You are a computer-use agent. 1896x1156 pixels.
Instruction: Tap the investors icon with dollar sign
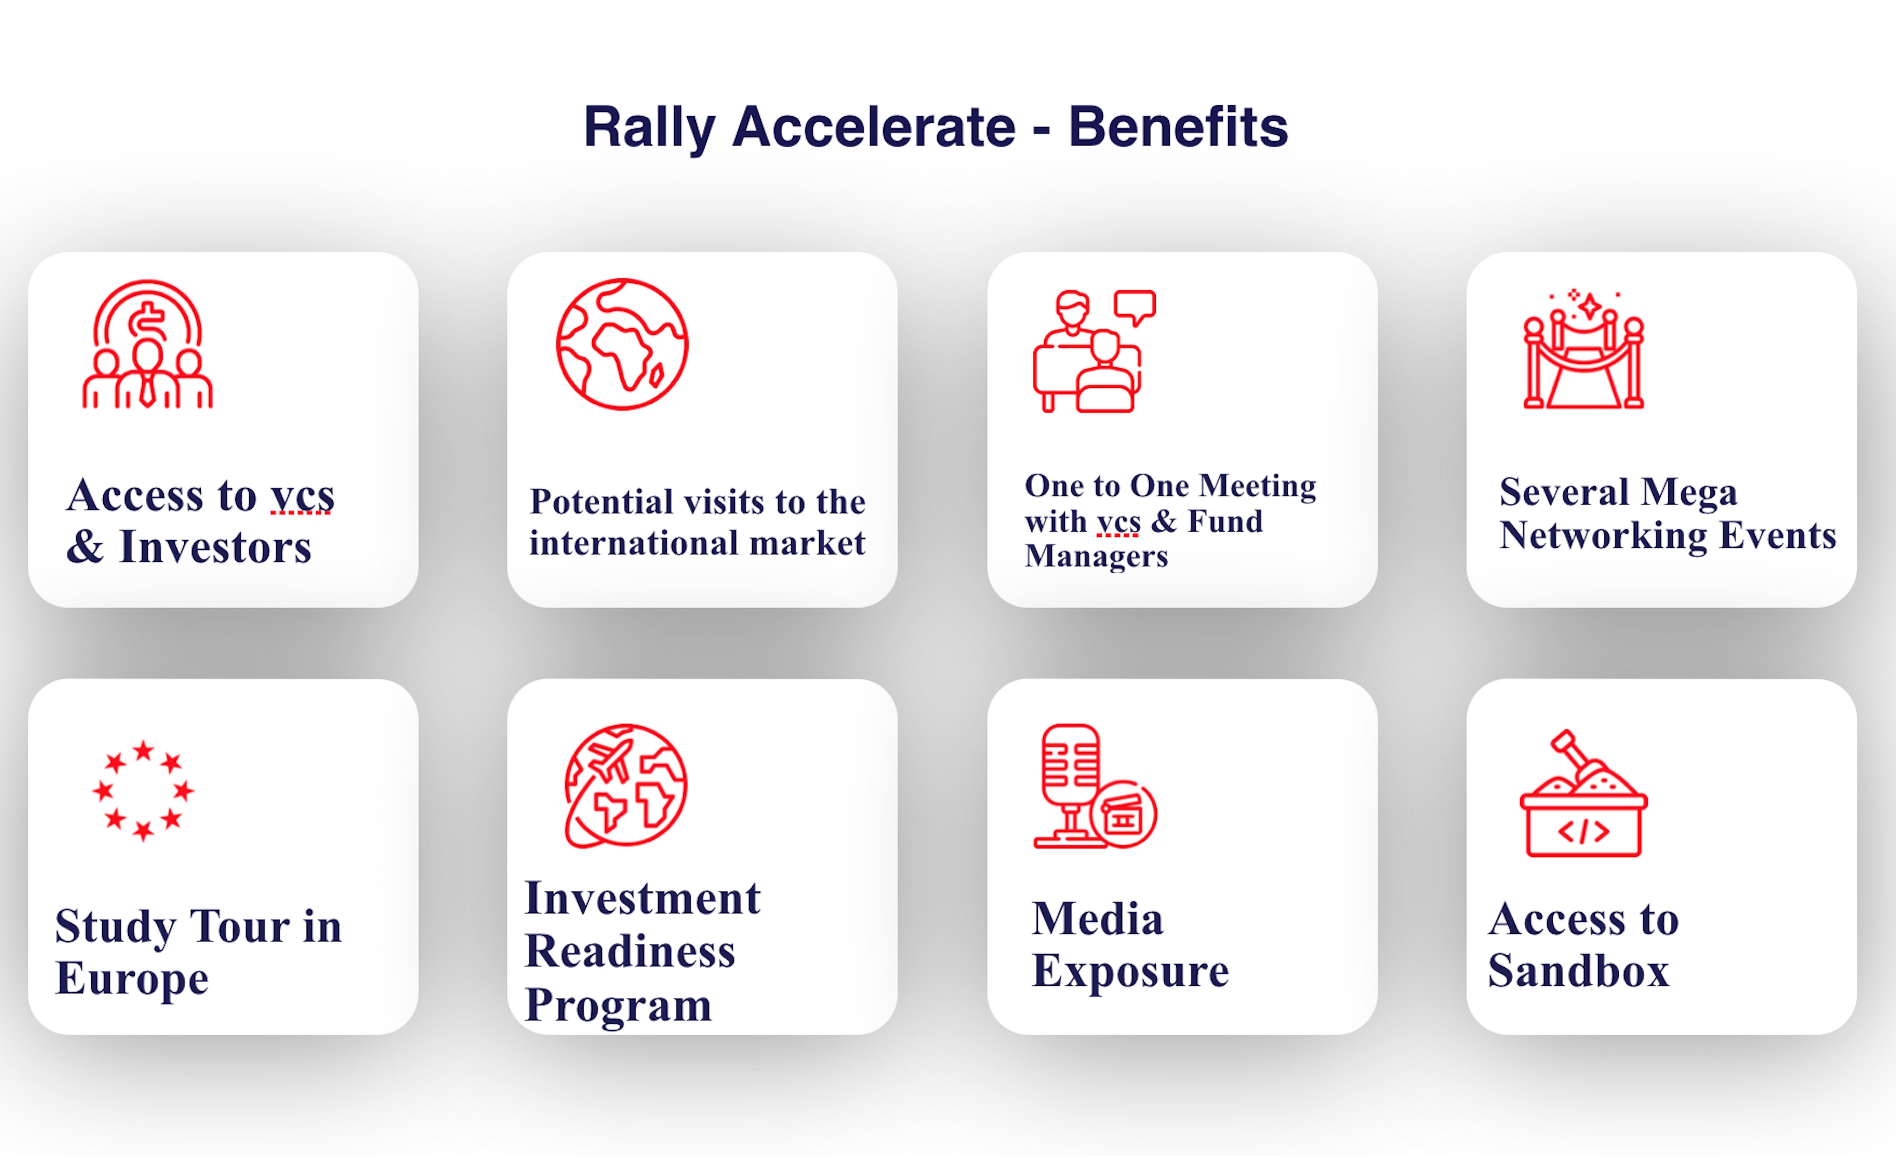point(148,344)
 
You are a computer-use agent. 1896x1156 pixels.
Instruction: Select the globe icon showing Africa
point(622,344)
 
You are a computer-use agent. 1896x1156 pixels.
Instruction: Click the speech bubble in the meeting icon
point(1135,307)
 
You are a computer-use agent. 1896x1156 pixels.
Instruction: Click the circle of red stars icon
point(143,791)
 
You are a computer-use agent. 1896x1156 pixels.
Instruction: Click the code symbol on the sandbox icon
point(1584,831)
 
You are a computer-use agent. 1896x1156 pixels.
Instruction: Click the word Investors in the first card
point(215,547)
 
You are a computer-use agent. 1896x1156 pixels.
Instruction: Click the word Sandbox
point(1578,971)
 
